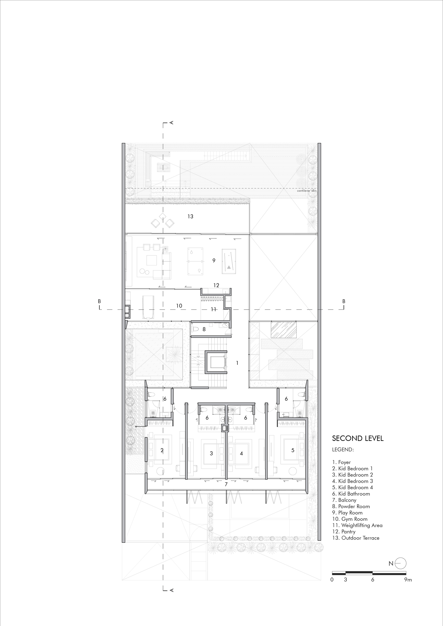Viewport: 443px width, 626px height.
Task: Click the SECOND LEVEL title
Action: click(x=358, y=439)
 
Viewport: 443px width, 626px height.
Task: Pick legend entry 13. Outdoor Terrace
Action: click(x=356, y=538)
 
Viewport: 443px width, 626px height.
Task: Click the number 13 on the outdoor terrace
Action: click(x=190, y=216)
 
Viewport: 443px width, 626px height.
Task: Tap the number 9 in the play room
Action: click(x=214, y=261)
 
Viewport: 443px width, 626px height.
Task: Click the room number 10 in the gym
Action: click(x=179, y=306)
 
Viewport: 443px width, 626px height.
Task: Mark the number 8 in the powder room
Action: click(x=204, y=329)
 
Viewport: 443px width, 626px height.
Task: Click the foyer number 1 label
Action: click(x=237, y=363)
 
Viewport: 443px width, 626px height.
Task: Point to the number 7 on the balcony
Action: click(x=226, y=485)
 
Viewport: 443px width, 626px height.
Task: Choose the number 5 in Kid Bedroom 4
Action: click(x=293, y=450)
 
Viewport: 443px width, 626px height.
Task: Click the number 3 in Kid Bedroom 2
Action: click(x=211, y=453)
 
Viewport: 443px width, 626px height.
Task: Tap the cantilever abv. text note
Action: click(x=307, y=191)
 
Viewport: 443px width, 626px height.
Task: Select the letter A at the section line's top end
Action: click(x=172, y=123)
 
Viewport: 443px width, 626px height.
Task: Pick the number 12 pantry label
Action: click(x=216, y=286)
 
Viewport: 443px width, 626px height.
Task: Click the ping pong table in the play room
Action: click(x=195, y=261)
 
